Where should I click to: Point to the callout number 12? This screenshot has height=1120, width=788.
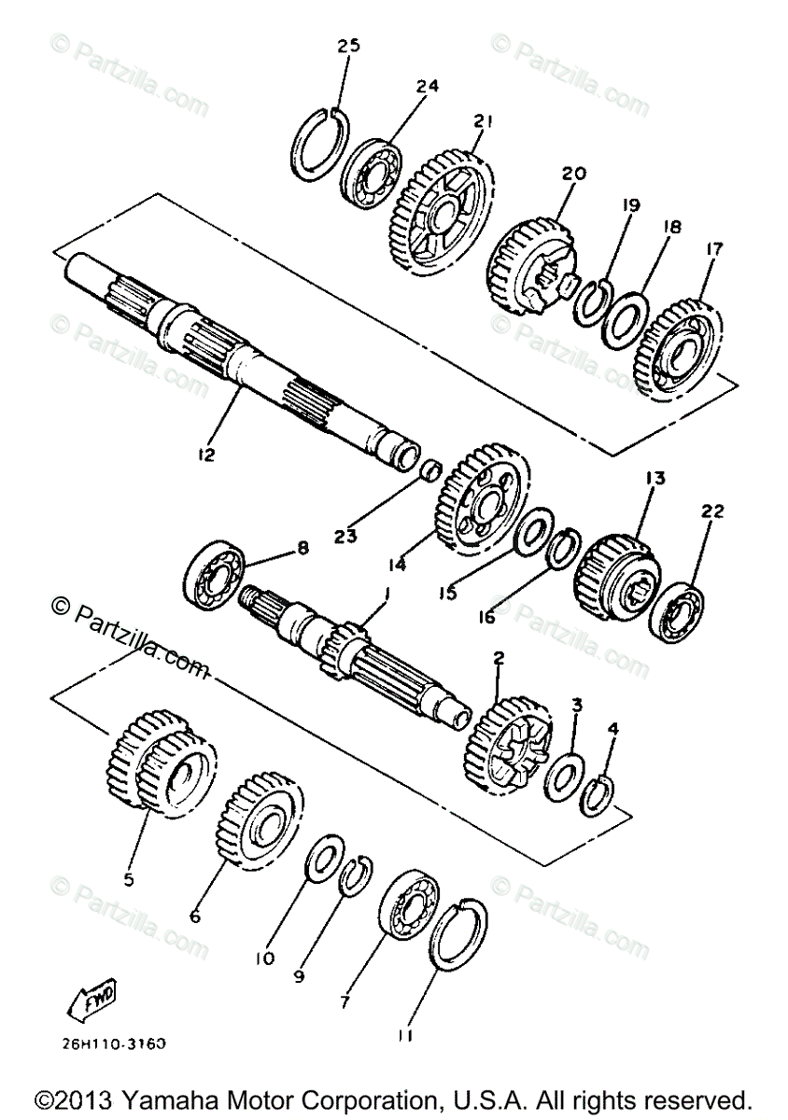pos(205,455)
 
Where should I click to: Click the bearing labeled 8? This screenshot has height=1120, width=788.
pos(215,576)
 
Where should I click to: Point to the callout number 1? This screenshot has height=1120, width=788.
pos(386,592)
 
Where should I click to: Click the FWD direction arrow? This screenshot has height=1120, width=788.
pos(93,1002)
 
